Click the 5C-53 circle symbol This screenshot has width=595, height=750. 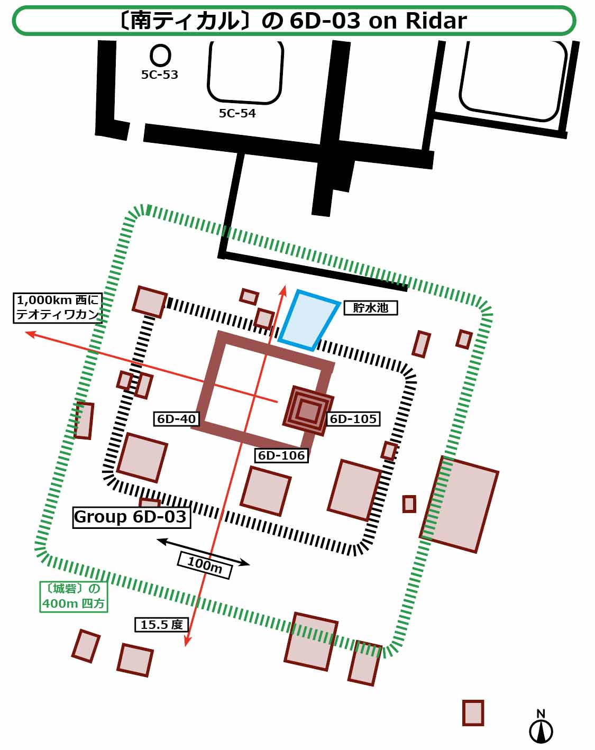(x=160, y=56)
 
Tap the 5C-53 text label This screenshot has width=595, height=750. (x=159, y=75)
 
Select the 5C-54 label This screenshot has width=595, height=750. (x=237, y=113)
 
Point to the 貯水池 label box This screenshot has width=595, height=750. (x=370, y=307)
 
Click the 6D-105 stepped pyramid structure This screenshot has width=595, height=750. (x=308, y=410)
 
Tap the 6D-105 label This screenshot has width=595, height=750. (x=353, y=419)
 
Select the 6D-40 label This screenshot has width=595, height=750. (x=177, y=419)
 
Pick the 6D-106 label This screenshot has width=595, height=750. (x=281, y=455)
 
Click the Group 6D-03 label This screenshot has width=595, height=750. (x=131, y=517)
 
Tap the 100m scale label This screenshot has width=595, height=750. (x=205, y=565)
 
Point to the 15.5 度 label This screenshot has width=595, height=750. (x=161, y=625)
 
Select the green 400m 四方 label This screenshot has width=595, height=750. (x=74, y=597)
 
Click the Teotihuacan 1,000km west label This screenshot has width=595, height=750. (x=57, y=307)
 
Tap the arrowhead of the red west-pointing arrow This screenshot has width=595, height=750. (x=28, y=334)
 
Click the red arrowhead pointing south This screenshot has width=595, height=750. (x=187, y=643)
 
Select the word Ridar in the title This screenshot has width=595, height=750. (x=436, y=21)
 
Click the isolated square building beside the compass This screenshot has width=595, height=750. (x=473, y=712)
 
